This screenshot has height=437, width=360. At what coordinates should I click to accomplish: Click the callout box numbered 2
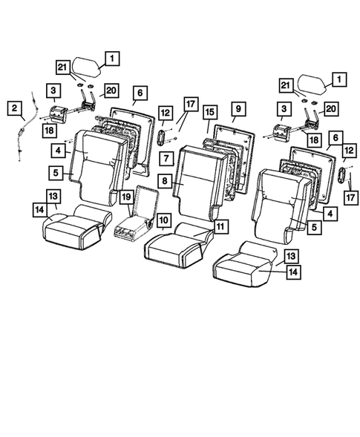pos(14,109)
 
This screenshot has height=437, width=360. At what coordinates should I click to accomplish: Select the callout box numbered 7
pos(166,159)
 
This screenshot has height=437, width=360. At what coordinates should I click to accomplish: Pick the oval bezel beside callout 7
pos(163,137)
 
